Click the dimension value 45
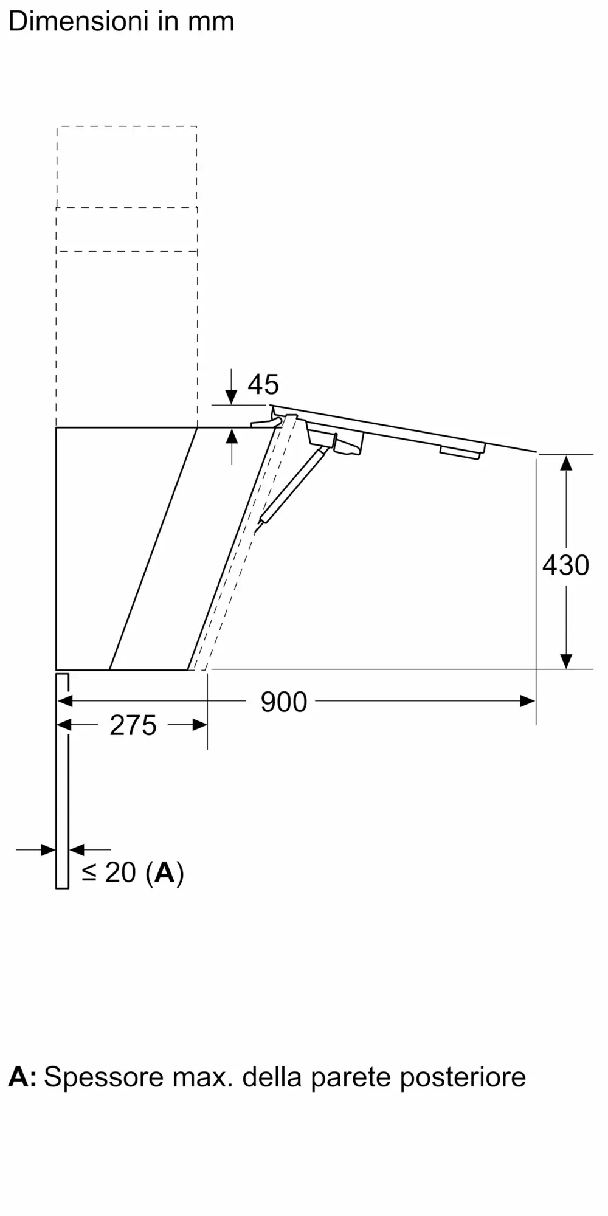point(263,384)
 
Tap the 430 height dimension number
point(565,565)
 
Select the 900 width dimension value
point(284,702)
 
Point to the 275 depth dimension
point(133,725)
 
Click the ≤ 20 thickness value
point(109,872)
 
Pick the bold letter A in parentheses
point(165,872)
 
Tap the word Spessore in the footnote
point(104,1077)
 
